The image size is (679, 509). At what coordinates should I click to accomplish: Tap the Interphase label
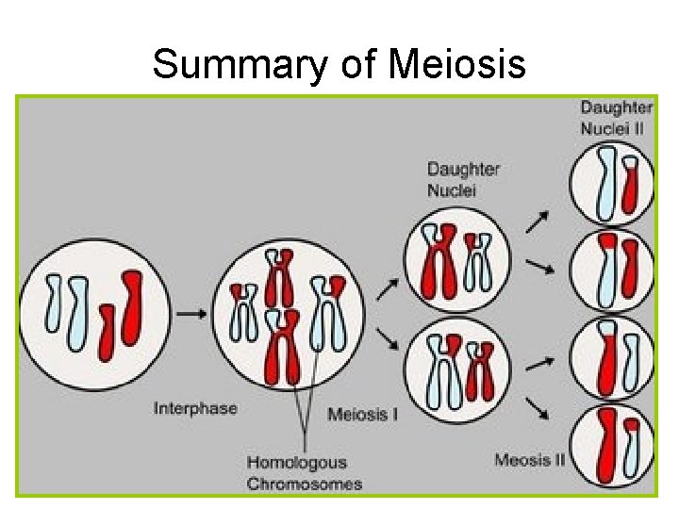(x=195, y=408)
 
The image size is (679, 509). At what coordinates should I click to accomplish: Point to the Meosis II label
(x=530, y=460)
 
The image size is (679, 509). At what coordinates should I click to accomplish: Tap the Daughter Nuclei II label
(x=616, y=117)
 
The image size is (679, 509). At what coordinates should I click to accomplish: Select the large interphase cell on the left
(x=95, y=315)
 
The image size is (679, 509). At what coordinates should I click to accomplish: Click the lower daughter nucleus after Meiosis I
(x=457, y=370)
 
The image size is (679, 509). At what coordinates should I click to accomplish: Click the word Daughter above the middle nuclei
(x=463, y=170)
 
